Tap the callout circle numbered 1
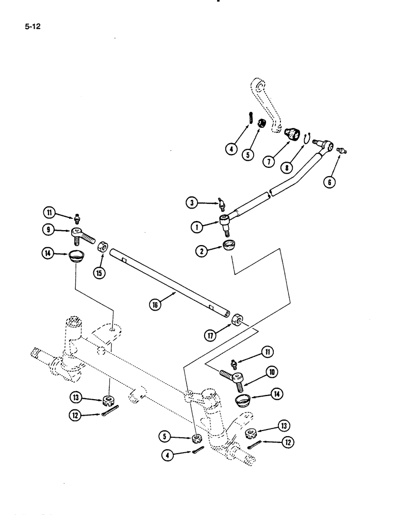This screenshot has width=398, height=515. click(195, 225)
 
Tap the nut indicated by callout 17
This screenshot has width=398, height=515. click(238, 319)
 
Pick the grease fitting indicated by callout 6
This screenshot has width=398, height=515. click(340, 150)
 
